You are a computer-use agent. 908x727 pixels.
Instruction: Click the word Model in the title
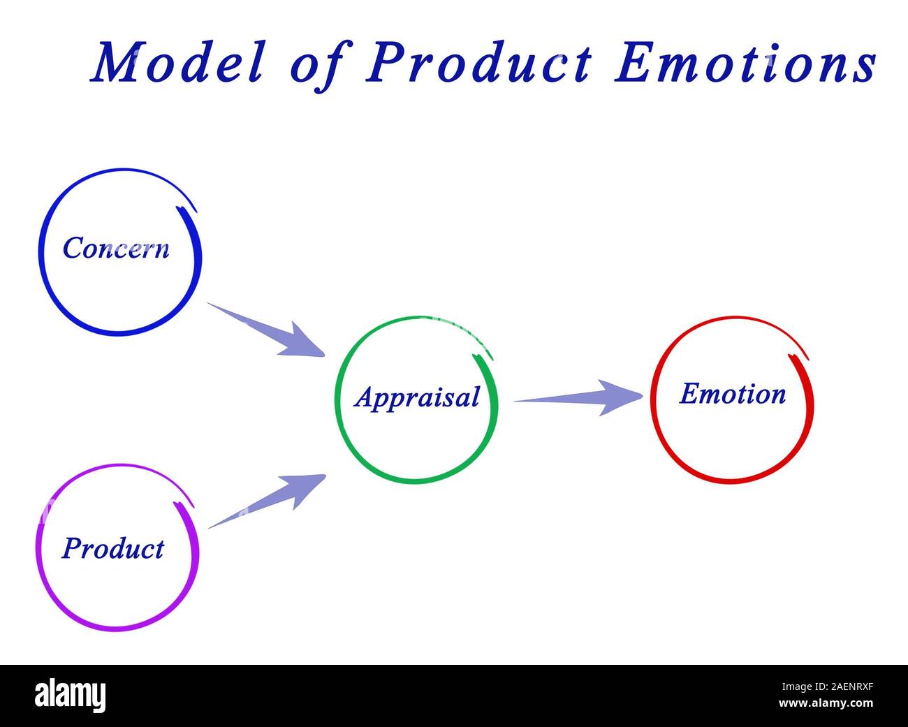pos(178,63)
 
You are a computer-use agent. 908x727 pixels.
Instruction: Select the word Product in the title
pos(479,63)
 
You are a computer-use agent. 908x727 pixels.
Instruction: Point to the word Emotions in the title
pos(745,63)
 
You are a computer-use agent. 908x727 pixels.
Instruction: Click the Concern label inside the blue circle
pos(116,248)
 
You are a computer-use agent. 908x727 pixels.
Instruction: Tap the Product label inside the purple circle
pos(112,548)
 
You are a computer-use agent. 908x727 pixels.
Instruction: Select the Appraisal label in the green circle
pos(417,397)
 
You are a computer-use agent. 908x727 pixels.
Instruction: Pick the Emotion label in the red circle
pos(732,394)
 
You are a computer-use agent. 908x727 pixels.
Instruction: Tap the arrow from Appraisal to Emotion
pos(577,398)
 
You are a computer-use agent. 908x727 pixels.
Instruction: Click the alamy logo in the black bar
pos(70,696)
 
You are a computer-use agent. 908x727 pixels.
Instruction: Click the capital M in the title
pos(115,63)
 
